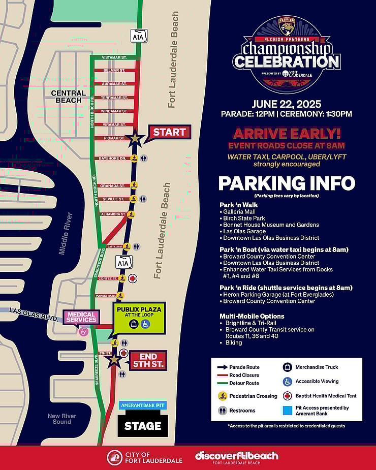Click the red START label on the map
170,133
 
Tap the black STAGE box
142,426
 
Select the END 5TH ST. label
148,360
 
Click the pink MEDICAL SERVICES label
81,317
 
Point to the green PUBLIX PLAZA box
139,317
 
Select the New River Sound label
62,419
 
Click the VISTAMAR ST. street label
113,57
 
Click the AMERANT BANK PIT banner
142,405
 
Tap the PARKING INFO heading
287,183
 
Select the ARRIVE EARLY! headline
287,134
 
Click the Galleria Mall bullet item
239,212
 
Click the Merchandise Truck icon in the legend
287,367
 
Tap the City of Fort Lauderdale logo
137,457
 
